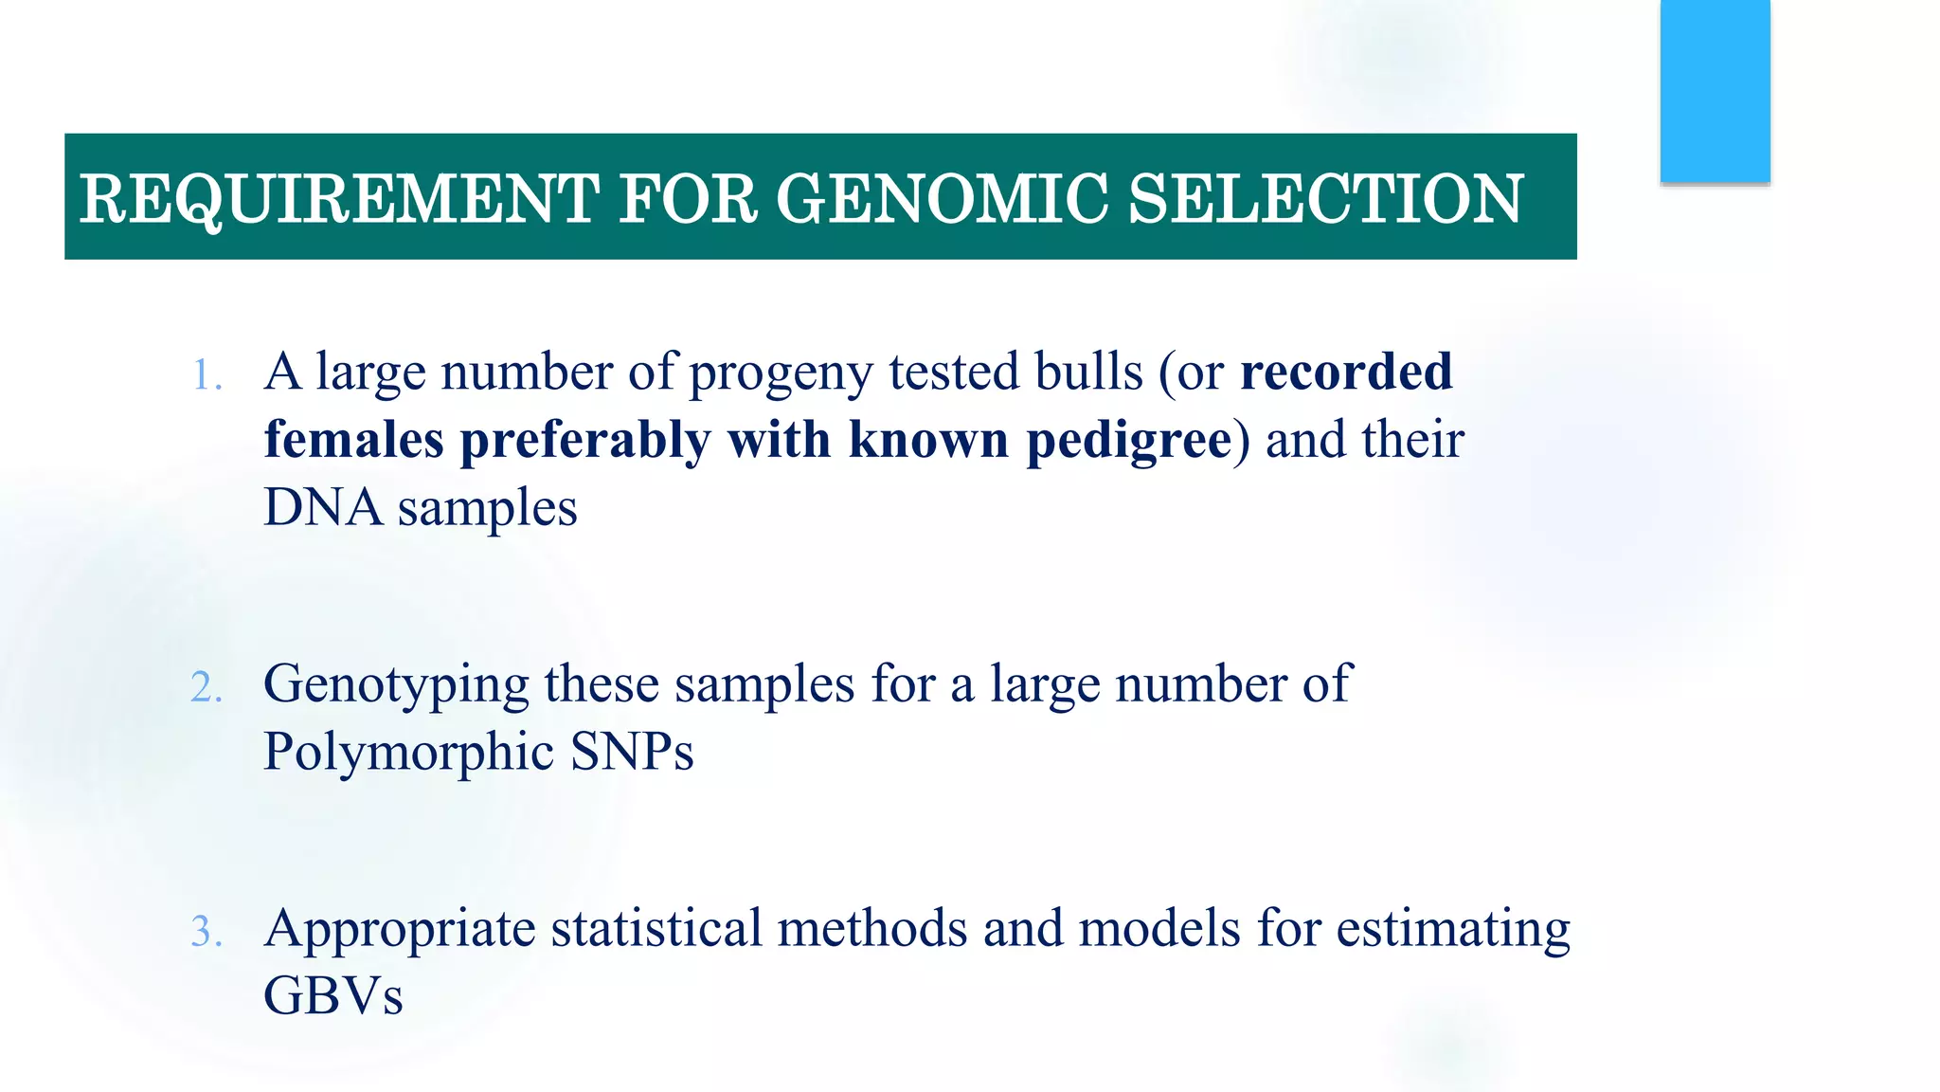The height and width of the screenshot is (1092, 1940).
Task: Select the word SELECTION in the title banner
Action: [1326, 199]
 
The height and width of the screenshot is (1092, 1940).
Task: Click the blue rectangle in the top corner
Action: [1715, 91]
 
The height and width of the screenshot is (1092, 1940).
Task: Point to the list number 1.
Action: [205, 375]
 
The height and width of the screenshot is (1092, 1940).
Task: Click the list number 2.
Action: [206, 687]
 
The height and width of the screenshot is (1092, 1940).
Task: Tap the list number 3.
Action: [206, 932]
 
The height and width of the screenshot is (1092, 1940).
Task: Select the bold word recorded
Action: [1346, 371]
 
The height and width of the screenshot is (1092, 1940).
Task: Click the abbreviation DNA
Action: [322, 507]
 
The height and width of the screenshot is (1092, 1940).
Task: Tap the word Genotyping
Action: [396, 684]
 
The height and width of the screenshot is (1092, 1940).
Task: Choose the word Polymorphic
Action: [408, 752]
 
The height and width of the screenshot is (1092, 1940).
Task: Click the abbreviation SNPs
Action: [632, 752]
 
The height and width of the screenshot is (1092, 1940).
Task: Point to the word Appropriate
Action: [400, 929]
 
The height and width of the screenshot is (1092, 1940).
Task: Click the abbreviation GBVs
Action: [333, 995]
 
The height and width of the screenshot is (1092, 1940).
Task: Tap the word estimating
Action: [1453, 929]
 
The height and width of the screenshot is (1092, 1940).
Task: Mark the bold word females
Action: [353, 440]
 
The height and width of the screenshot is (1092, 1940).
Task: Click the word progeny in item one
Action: [781, 373]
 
